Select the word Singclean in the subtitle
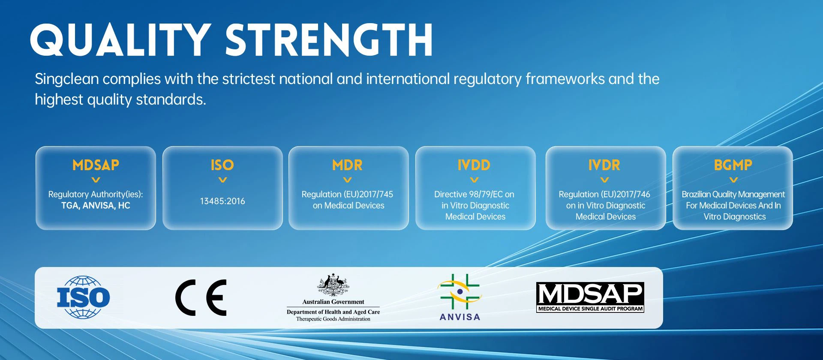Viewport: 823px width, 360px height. point(67,79)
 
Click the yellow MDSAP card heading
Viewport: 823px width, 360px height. point(96,165)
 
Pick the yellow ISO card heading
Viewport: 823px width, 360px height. point(222,165)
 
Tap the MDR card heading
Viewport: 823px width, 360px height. point(348,165)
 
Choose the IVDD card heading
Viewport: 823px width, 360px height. point(474,165)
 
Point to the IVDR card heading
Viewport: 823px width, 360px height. point(604,165)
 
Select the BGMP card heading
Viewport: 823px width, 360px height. point(733,165)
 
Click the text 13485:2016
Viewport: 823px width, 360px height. point(222,201)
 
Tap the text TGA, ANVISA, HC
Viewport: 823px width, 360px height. point(96,206)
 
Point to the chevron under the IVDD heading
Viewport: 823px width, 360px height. point(474,180)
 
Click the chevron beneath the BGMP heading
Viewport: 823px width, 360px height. point(733,180)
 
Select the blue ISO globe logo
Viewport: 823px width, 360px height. point(83,297)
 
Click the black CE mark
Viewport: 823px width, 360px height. point(201,297)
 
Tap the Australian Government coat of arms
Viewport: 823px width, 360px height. point(333,285)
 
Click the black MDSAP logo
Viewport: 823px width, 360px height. point(590,297)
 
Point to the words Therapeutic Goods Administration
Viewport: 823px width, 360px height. point(333,319)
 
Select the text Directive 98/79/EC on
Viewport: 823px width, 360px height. point(474,195)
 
